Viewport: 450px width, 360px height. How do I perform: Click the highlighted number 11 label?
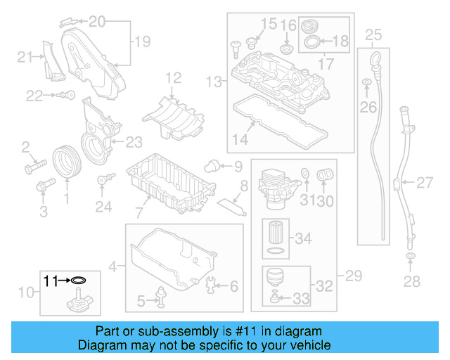(x=51, y=281)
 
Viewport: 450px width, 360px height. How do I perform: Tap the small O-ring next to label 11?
(x=79, y=281)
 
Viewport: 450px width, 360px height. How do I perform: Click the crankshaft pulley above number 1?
(x=67, y=161)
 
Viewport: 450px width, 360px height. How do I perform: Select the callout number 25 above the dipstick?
(x=373, y=34)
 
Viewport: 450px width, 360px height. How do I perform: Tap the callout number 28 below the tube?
(x=411, y=282)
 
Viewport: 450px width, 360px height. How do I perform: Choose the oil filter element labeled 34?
(x=275, y=232)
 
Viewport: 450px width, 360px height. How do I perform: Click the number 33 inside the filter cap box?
(x=301, y=299)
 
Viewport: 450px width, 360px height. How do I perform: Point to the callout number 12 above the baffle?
(x=173, y=77)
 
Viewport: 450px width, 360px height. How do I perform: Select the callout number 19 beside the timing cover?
(x=142, y=41)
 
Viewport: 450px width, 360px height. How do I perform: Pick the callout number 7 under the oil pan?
(x=139, y=210)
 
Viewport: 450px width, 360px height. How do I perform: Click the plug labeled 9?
(x=210, y=166)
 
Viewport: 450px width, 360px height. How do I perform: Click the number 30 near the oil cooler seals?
(x=324, y=201)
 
